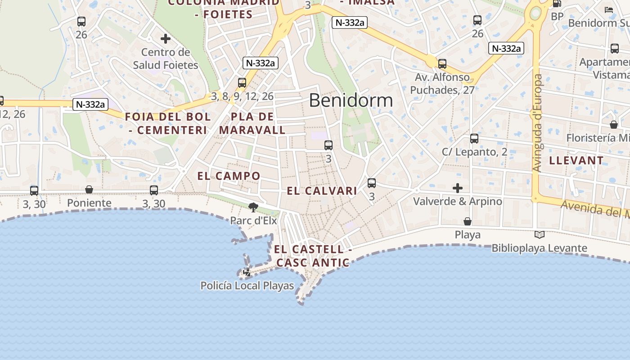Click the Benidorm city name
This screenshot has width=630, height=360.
[x=351, y=100]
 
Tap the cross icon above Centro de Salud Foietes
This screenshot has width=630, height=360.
[x=166, y=39]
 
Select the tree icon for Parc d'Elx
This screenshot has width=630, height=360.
[x=253, y=207]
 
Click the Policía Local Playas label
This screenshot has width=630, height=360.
[x=247, y=286]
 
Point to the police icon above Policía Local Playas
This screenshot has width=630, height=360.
[x=247, y=272]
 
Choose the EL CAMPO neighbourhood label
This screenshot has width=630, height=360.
[x=229, y=176]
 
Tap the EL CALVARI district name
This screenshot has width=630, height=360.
[x=322, y=191]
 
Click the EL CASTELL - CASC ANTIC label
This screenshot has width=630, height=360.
[x=313, y=256]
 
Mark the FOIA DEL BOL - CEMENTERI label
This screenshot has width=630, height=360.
[x=167, y=123]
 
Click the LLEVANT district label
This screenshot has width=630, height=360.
[x=576, y=160]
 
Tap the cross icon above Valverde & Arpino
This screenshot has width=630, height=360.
[x=458, y=188]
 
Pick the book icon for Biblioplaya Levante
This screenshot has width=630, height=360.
[x=540, y=234]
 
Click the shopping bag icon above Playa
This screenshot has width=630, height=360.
[x=468, y=221]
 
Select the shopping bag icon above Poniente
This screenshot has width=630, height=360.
[x=89, y=190]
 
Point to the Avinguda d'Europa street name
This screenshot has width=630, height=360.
[x=537, y=123]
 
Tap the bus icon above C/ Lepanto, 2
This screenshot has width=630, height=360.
[x=474, y=139]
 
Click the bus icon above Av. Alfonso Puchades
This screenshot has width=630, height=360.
[x=442, y=64]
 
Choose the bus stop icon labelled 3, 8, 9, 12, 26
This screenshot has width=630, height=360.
[x=242, y=83]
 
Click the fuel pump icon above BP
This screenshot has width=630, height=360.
[x=557, y=4]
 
